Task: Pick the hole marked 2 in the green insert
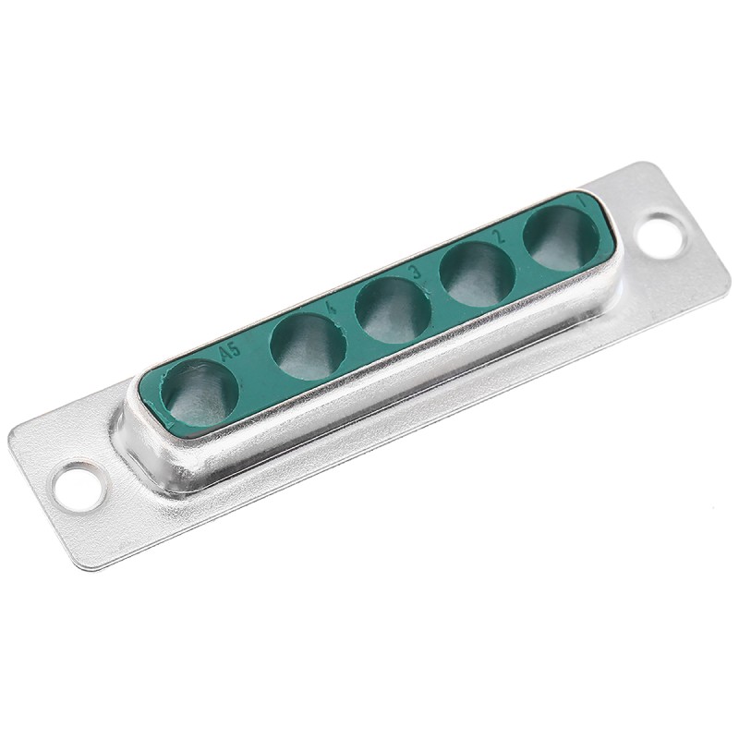478,274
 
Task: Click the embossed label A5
228,351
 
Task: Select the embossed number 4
331,306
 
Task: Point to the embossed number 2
499,236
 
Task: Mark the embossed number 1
580,200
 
